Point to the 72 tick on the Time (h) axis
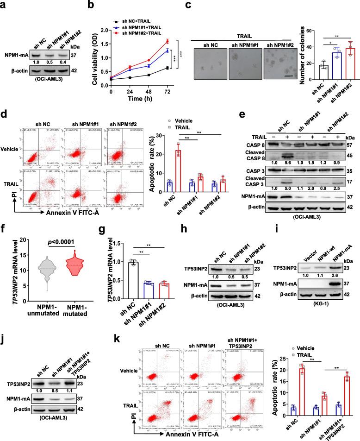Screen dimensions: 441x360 click(x=167, y=86)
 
